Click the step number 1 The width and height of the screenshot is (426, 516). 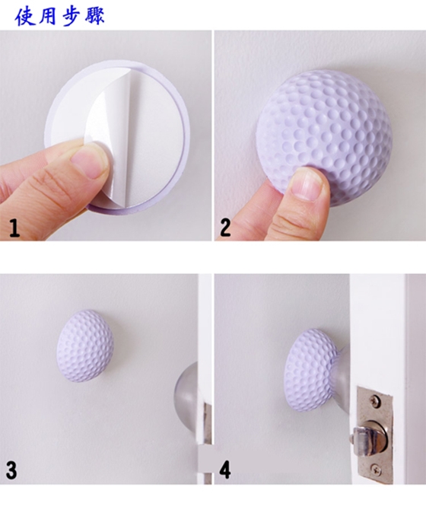coord(14,228)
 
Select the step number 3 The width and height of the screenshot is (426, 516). coord(11,470)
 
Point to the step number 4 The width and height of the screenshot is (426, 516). coord(225,470)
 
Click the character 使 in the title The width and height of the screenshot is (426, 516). coord(25,16)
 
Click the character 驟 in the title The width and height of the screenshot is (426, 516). coord(94,15)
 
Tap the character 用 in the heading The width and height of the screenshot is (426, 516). coord(47,16)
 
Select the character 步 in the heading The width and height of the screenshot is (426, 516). coord(71,16)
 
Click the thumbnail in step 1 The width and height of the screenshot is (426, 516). coord(87,161)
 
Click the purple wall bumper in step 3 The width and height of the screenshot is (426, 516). coord(85,346)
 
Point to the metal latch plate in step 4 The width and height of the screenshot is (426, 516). coord(375,435)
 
